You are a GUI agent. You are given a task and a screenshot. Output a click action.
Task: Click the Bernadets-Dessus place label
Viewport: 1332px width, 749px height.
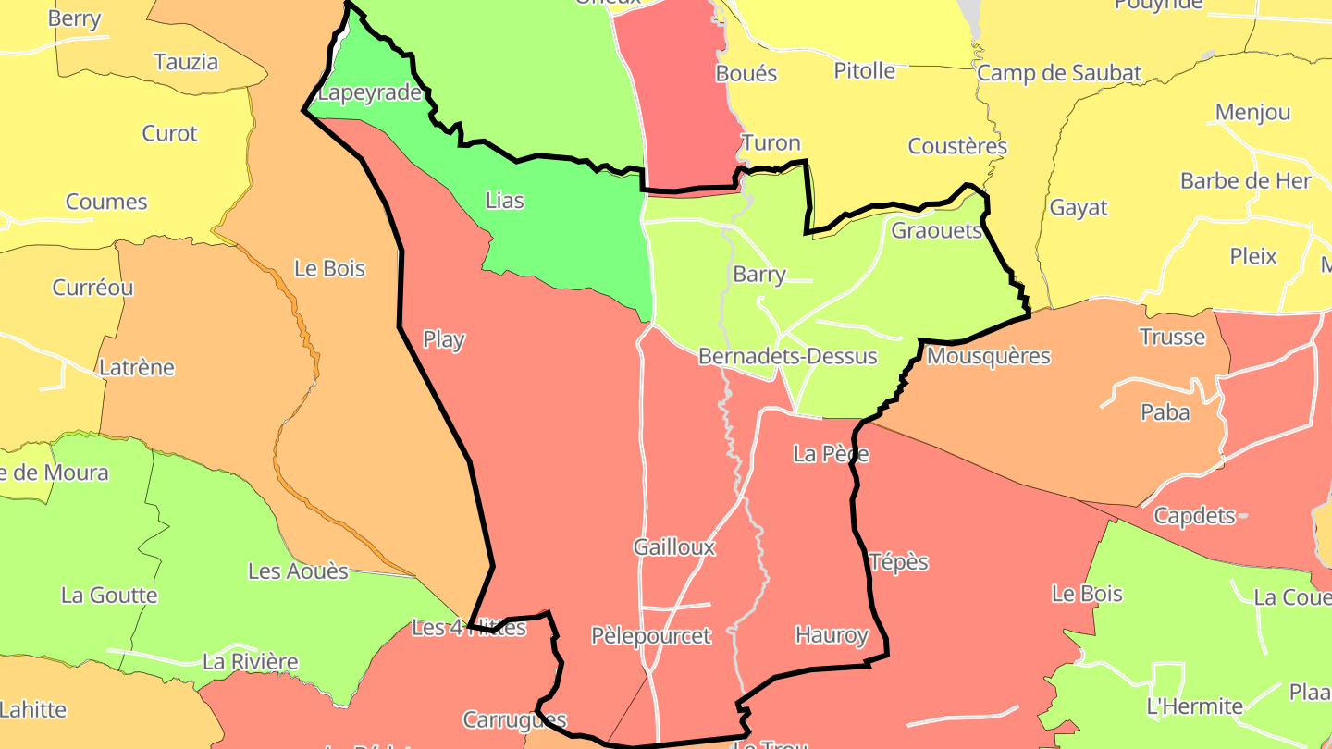[787, 356]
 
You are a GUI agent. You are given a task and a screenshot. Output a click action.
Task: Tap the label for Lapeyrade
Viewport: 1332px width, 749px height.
[370, 93]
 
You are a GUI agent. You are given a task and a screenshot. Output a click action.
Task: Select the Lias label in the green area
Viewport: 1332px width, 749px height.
[504, 200]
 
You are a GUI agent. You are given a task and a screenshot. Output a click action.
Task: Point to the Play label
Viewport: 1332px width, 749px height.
[443, 339]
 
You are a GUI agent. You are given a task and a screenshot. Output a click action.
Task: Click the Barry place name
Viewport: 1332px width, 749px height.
[758, 274]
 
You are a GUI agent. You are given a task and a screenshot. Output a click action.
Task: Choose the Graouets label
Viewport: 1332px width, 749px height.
[936, 230]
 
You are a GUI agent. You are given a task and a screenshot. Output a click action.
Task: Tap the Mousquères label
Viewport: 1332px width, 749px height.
[988, 356]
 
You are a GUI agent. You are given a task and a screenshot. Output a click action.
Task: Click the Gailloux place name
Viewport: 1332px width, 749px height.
[674, 546]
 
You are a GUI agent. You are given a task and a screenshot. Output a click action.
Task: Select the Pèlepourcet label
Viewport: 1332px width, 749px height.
[651, 635]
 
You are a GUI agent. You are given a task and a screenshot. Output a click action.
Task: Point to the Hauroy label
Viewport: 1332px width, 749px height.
[832, 635]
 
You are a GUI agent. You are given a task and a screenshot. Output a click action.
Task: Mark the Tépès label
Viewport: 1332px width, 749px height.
[899, 561]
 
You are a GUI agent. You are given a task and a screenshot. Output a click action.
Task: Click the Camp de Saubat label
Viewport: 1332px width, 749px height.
[1059, 73]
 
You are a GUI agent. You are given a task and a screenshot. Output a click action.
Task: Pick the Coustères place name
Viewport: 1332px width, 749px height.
[957, 146]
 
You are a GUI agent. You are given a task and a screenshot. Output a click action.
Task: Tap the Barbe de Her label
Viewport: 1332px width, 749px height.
[1245, 180]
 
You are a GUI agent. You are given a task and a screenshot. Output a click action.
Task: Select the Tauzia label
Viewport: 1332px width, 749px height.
[186, 62]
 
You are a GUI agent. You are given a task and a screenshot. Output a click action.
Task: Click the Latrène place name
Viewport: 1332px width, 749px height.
[137, 367]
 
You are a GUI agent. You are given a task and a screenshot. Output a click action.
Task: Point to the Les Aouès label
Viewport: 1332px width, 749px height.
[298, 571]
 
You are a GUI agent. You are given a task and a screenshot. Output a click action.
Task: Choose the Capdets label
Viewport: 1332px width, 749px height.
[1194, 515]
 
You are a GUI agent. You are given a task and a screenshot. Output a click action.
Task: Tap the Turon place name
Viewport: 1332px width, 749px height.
[771, 142]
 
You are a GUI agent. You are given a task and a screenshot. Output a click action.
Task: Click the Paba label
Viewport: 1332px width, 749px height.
[1165, 412]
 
